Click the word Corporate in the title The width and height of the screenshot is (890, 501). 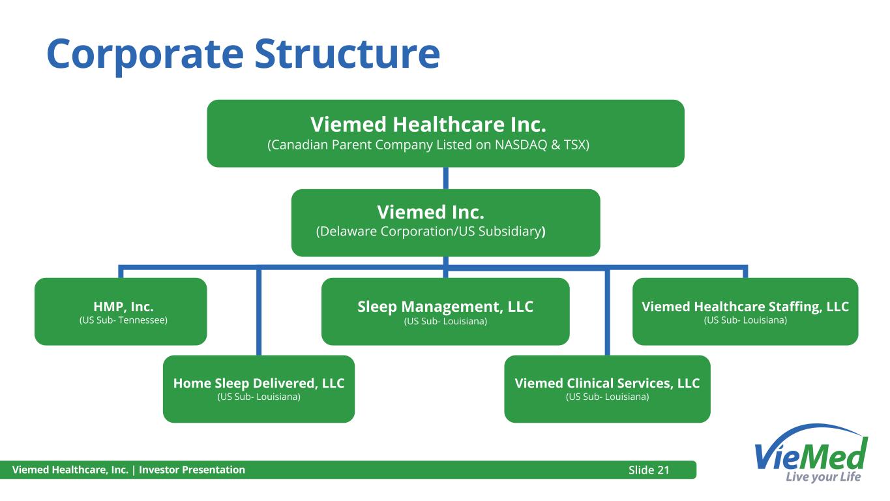click(145, 55)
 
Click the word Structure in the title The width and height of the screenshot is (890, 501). click(348, 53)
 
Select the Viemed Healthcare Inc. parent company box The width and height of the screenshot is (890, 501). click(445, 133)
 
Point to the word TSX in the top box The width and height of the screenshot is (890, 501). click(575, 145)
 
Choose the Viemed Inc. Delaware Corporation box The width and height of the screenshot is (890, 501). click(445, 222)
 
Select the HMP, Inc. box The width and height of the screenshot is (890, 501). click(121, 311)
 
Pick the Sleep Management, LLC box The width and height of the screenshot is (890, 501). click(445, 311)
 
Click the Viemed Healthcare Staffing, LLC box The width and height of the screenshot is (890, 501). click(745, 311)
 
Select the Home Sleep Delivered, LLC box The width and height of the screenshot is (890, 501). click(259, 389)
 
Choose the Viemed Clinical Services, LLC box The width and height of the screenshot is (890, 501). click(607, 389)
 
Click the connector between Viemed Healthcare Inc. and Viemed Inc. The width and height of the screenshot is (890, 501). click(446, 178)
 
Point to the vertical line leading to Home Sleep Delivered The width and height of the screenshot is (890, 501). click(259, 312)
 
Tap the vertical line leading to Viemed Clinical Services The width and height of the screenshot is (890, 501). click(607, 312)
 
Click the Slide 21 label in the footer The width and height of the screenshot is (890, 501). click(649, 470)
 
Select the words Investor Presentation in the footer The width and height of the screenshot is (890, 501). click(192, 470)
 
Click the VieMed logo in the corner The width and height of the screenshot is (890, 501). click(811, 453)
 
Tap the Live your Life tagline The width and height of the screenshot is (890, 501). click(823, 477)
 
